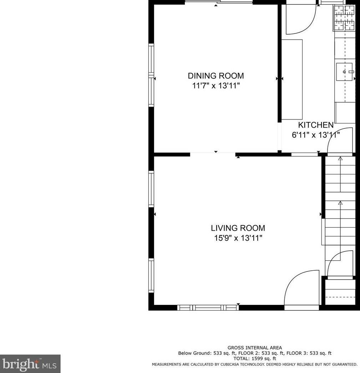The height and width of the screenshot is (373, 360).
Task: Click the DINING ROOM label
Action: (x=216, y=76)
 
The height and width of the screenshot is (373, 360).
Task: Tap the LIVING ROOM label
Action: (x=238, y=228)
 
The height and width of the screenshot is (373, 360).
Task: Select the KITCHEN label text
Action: (x=315, y=125)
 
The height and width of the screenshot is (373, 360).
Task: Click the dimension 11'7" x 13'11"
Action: (x=216, y=86)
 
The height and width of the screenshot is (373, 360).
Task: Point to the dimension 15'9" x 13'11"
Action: (x=238, y=238)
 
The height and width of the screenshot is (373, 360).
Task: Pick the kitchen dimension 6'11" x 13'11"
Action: (x=315, y=135)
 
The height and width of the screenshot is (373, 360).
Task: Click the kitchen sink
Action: (x=345, y=72)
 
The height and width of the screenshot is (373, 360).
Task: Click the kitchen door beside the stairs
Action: (x=340, y=141)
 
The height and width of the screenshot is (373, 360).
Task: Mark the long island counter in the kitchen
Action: (x=292, y=80)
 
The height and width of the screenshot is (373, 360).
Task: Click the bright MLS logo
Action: (x=30, y=364)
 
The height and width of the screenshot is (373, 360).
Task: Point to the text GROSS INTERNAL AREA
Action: (x=254, y=348)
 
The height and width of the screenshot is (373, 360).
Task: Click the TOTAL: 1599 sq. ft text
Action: (x=254, y=358)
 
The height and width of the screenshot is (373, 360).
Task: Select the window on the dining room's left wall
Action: (x=151, y=75)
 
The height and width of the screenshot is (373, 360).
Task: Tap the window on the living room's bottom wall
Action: (x=208, y=307)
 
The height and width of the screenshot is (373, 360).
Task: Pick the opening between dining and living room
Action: (x=213, y=154)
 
